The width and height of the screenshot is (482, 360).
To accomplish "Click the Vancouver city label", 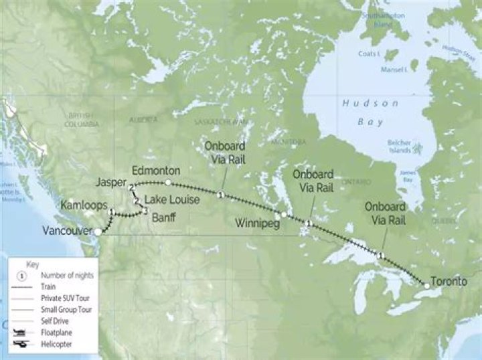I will tap(66, 231).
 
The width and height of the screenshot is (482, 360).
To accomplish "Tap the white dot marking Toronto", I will tap(426, 286).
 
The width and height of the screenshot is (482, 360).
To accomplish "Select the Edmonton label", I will tap(157, 170).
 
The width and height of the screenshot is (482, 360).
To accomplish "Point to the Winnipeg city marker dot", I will tap(285, 214).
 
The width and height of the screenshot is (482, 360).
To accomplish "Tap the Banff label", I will tap(165, 218).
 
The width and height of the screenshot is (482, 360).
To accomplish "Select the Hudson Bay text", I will tap(370, 112).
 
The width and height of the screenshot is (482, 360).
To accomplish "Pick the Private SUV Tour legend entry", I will tap(66, 298).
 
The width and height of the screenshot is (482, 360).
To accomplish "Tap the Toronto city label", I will tap(449, 281).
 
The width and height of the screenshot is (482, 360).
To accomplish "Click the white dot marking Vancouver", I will tap(99, 232).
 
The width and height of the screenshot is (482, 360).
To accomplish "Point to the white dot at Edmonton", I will tap(168, 182).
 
